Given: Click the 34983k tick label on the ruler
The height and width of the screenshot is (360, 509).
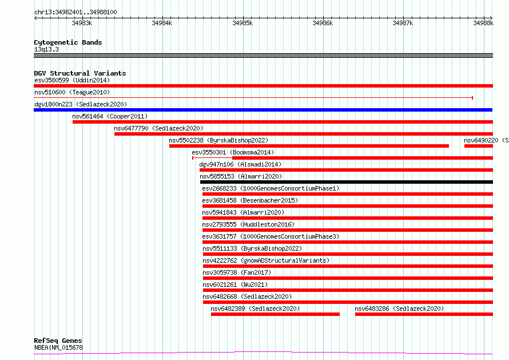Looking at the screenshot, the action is [82, 23].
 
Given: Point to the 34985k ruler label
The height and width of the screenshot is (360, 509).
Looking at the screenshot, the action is [242, 23].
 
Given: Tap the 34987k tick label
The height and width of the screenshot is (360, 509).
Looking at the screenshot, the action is [403, 23].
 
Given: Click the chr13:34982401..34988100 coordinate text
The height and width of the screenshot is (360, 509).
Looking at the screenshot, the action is [75, 13].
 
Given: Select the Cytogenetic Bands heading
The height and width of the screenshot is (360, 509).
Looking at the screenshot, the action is [68, 42].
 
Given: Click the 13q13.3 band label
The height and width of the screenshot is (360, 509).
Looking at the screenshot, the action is [46, 49].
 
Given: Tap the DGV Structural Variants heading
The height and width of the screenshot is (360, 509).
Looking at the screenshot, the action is [80, 73].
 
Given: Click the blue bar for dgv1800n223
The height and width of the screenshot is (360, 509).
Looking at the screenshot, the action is [263, 110].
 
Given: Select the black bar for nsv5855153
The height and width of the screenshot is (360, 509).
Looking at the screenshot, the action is [347, 182].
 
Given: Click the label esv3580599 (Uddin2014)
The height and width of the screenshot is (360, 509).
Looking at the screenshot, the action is [72, 80].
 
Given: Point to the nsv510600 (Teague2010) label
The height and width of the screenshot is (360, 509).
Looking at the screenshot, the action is [72, 92].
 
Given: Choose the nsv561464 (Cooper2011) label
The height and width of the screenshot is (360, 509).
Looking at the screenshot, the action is [110, 116].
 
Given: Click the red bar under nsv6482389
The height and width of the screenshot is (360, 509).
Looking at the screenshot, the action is [275, 314].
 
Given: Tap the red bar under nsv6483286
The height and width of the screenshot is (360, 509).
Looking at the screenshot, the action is [424, 314].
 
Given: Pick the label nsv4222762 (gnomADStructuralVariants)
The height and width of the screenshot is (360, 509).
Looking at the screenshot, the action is [266, 260].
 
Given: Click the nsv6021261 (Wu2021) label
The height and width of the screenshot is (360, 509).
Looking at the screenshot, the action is [236, 284].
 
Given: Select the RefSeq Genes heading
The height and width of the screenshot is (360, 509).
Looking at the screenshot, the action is [58, 341].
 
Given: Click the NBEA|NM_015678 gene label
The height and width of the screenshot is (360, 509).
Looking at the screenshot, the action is [58, 347].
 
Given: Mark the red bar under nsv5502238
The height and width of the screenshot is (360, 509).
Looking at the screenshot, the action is [309, 146].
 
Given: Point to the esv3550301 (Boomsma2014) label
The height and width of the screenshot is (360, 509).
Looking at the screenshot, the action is [233, 152].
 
